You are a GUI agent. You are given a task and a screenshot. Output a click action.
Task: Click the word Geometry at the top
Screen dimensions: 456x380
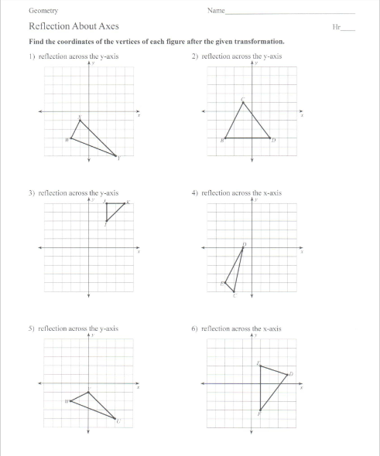tap(43, 11)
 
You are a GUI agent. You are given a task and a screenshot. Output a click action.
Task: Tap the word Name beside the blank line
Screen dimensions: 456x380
tap(216, 11)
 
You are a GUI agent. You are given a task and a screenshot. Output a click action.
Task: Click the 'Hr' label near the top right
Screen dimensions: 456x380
tap(335, 26)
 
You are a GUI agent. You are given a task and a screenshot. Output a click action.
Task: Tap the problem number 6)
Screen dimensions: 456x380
tap(194, 328)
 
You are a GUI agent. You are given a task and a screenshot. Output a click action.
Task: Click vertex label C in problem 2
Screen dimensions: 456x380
tap(243, 99)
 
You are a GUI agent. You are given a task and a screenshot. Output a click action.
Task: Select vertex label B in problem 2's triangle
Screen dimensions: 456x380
tap(223, 140)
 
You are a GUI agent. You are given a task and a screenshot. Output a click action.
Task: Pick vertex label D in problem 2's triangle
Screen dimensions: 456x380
tap(274, 140)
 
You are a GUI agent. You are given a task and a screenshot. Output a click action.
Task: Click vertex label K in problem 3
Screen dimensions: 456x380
tap(128, 202)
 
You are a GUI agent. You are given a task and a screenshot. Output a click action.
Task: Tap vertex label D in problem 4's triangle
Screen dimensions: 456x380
tap(245, 244)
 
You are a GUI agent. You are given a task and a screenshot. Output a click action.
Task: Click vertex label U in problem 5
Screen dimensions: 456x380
tap(118, 421)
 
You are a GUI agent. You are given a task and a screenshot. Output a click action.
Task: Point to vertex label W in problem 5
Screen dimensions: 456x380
tap(67, 400)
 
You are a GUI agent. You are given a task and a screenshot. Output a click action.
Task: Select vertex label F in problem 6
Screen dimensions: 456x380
tap(258, 415)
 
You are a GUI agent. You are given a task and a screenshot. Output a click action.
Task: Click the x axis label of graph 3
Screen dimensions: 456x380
tap(139, 253)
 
